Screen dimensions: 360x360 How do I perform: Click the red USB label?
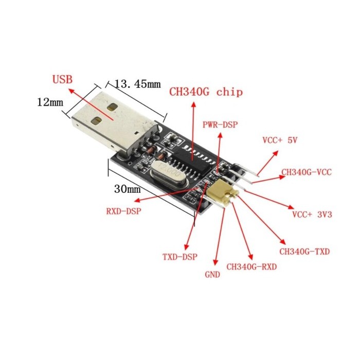point(62,79)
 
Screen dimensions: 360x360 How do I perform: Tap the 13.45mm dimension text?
point(137,84)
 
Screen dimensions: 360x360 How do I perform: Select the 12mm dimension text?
point(50,102)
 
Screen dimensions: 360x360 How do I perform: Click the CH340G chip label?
point(206,92)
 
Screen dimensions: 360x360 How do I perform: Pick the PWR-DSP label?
point(220,124)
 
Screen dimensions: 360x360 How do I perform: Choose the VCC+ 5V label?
point(280,140)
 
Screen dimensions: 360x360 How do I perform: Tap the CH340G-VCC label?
point(307,172)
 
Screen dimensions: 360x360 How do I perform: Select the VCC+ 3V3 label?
point(312,214)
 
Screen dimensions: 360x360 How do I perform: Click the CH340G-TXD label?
point(304,251)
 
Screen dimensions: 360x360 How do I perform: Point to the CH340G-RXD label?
point(251,267)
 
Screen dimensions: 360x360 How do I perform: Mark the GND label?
point(212,275)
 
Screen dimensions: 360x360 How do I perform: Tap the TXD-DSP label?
point(180,257)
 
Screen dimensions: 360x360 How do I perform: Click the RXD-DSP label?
point(124,211)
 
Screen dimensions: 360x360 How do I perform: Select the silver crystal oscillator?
point(169,174)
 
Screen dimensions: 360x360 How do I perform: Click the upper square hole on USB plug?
point(113,107)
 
